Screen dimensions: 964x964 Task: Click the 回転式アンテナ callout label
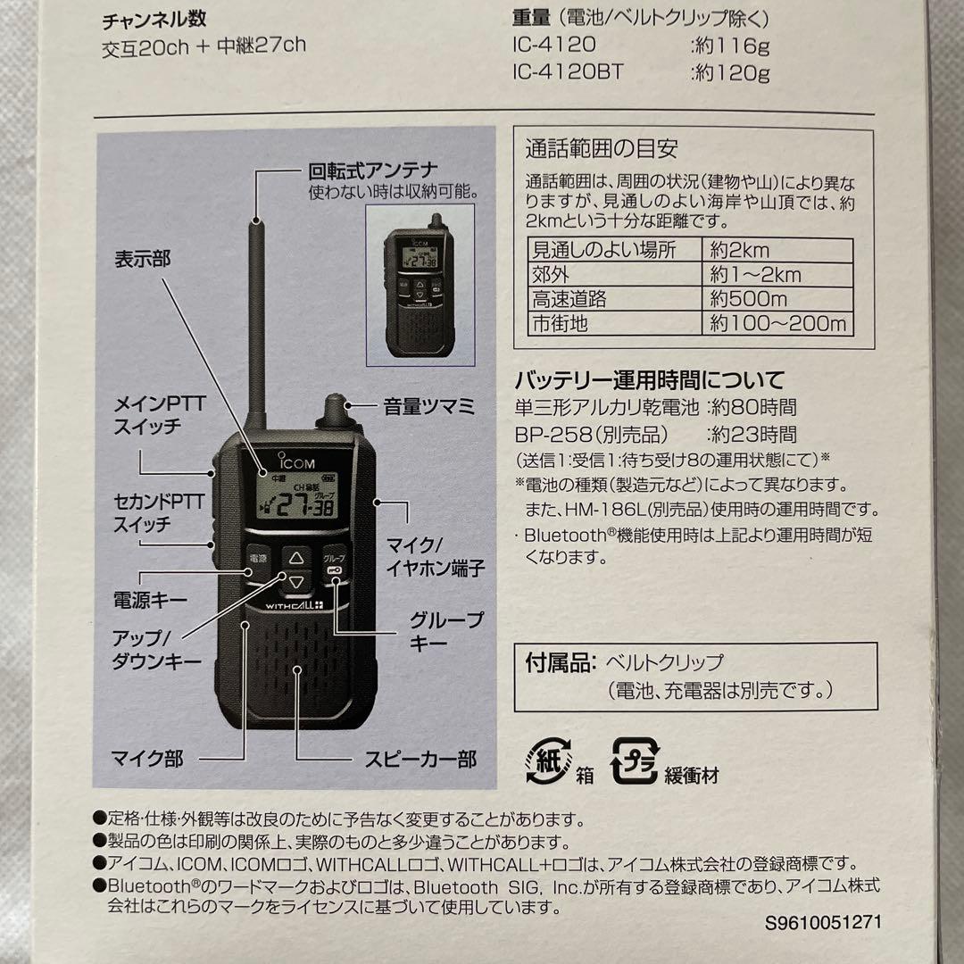point(373,170)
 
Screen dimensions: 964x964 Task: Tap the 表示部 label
point(142,259)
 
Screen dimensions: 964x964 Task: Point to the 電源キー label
point(150,600)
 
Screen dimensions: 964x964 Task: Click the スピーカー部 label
point(420,760)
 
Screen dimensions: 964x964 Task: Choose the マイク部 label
point(147,759)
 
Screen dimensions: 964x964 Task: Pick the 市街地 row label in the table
point(561,323)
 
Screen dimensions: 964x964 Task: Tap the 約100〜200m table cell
point(777,323)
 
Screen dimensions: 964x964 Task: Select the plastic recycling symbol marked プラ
point(635,760)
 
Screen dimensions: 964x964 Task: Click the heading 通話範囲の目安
point(602,148)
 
